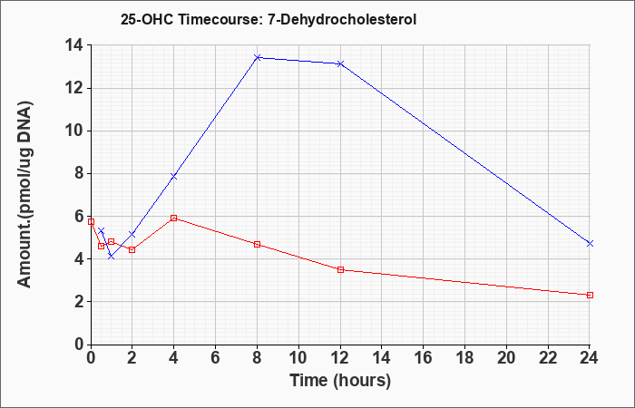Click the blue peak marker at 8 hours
[257, 57]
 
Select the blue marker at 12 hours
[340, 63]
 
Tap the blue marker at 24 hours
[590, 243]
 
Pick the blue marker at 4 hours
[174, 177]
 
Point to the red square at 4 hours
[174, 219]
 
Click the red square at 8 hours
[257, 245]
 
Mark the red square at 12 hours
[340, 269]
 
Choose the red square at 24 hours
[590, 295]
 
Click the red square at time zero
[91, 222]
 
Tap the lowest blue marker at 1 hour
[112, 257]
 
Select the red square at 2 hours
[132, 249]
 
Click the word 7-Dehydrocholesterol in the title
[342, 19]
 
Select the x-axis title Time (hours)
[340, 381]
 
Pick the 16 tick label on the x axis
[424, 358]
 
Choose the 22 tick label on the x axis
[548, 358]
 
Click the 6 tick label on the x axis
[216, 358]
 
